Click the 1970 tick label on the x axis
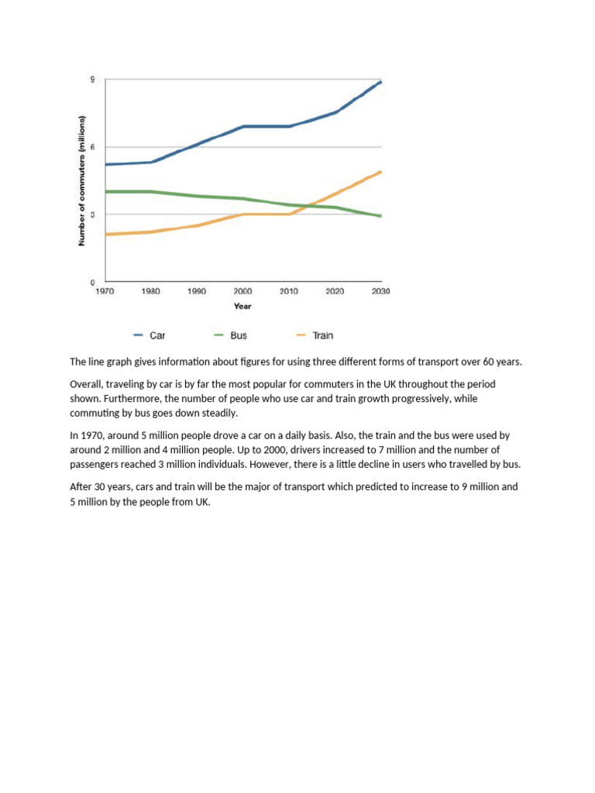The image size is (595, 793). tap(105, 291)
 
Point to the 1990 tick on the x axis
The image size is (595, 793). tap(197, 291)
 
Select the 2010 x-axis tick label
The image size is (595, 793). tap(289, 291)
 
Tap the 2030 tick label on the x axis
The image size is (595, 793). tap(380, 291)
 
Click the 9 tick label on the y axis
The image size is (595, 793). tap(93, 80)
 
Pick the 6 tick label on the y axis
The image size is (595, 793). tap(93, 147)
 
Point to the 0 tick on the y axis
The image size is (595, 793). tap(93, 282)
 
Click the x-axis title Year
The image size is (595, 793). tap(242, 306)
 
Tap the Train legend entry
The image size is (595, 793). tap(322, 335)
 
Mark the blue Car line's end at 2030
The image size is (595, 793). tap(380, 81)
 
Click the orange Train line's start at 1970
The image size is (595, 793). tap(106, 234)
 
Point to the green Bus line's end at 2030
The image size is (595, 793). tap(380, 216)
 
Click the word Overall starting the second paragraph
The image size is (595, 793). tap(88, 384)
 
